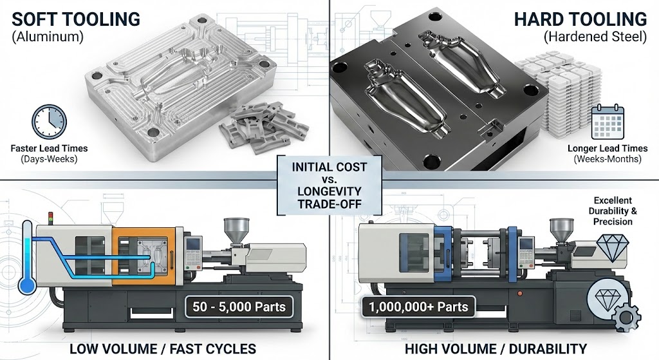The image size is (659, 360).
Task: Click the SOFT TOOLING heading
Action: pos(76,19)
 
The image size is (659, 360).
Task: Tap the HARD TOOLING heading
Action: pos(580,19)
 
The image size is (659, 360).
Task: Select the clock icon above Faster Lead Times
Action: pos(49,122)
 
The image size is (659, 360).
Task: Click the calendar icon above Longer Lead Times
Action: pos(608,122)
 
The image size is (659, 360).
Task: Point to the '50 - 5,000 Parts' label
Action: pos(239,307)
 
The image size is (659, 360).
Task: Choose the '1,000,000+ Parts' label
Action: pos(418,307)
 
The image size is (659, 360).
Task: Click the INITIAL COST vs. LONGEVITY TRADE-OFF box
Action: pos(329,185)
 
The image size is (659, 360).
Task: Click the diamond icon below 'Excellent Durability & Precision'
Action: pos(613,247)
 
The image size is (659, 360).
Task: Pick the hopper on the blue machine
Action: pos(562,230)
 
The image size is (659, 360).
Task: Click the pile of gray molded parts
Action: pos(263,127)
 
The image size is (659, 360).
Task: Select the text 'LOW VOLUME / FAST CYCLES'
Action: pos(163,348)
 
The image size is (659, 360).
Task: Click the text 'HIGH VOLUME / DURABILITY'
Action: pos(496,348)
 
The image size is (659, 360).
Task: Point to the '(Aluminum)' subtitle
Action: pos(48,37)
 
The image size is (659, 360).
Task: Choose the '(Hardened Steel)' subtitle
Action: pos(595,37)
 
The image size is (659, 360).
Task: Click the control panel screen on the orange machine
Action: pos(193,244)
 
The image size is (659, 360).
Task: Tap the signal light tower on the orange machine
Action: pos(51,218)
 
